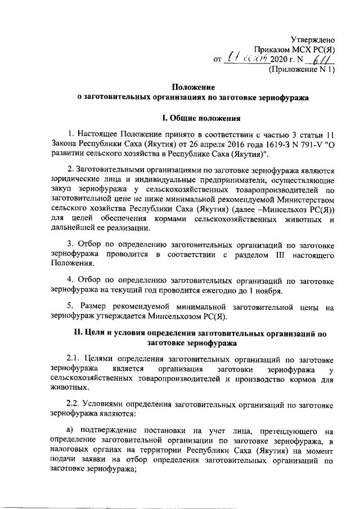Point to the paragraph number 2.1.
pos(74,359)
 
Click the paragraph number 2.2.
pos(74,404)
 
